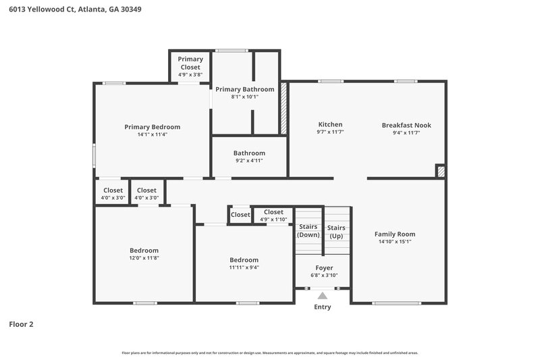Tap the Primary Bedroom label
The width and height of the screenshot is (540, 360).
152,127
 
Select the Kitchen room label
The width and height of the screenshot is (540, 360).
330,125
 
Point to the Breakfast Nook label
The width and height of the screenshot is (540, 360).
406,125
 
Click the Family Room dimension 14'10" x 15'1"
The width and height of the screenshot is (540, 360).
395,242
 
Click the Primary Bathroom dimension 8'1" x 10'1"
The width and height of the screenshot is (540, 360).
244,97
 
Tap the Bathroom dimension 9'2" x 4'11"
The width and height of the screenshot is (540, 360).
249,161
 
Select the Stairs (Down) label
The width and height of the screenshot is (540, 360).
308,231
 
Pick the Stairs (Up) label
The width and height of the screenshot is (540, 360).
336,232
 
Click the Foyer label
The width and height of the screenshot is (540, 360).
323,268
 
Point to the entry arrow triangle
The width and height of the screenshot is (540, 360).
323,295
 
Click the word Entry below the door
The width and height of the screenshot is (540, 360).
323,307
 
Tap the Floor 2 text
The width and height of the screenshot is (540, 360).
21,324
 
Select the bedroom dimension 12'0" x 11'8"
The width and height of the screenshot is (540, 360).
144,258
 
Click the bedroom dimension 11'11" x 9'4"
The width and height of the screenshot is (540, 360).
244,267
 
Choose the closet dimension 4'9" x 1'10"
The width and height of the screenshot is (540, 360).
273,220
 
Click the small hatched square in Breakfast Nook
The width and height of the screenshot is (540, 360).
440,172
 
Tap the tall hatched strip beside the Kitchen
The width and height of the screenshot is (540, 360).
283,108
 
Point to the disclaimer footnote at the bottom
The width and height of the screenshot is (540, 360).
269,353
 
